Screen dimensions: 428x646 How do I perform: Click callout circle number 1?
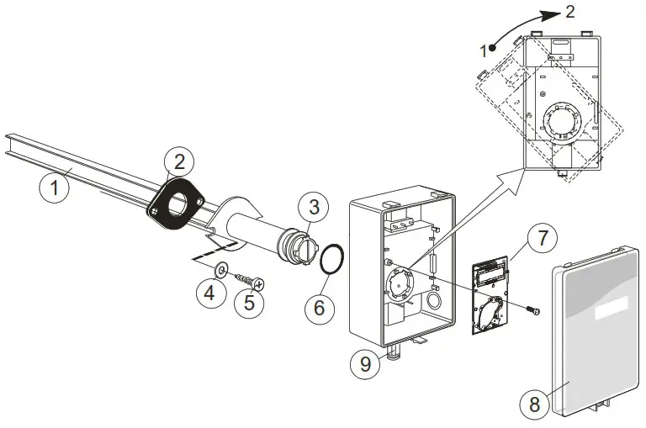(x=55, y=188)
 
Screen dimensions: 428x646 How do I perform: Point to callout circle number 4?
(x=209, y=294)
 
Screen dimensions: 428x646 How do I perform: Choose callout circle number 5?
(x=249, y=302)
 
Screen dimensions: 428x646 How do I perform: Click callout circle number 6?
(x=319, y=308)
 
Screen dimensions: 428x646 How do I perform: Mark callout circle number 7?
(x=543, y=238)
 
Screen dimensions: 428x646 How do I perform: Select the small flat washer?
(x=220, y=270)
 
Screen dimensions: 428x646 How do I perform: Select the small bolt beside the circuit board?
(x=532, y=311)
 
